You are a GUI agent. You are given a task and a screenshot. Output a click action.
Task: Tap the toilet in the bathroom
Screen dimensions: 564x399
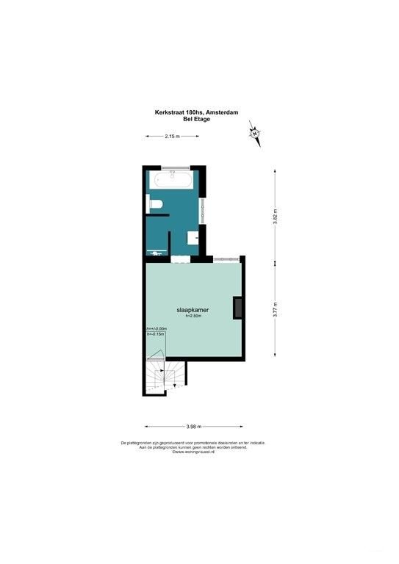tap(156, 204)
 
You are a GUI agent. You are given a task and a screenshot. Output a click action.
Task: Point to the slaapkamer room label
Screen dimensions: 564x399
tap(193, 311)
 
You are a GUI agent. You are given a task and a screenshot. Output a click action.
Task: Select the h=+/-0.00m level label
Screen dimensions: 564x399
tap(157, 328)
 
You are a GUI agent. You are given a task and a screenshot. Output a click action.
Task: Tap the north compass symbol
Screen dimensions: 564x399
tap(254, 134)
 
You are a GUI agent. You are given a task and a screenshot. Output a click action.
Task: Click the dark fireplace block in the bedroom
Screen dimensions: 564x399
tap(237, 308)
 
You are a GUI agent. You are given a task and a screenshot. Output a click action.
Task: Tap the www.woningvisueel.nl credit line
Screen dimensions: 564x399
tap(193, 452)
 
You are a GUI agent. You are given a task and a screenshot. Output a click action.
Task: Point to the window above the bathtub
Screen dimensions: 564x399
tap(173, 167)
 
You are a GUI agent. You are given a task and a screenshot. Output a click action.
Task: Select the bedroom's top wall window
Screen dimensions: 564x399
tap(224, 258)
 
